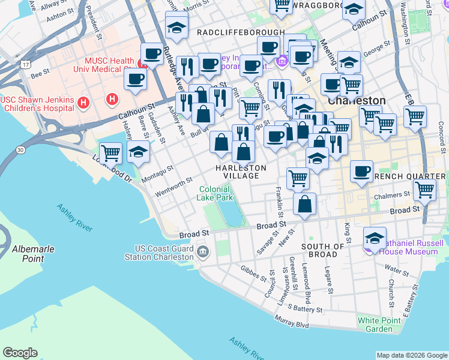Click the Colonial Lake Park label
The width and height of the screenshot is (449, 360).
(x=215, y=193)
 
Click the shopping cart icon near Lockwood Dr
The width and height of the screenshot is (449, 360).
(x=110, y=153)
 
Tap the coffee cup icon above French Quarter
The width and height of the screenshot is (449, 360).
(x=361, y=171)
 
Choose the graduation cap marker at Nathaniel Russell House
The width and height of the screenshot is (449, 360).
(x=375, y=238)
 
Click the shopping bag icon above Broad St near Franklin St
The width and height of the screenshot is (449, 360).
(x=305, y=203)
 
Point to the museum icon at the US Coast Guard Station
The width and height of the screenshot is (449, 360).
(x=202, y=250)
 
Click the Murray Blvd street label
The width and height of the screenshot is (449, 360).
(x=293, y=324)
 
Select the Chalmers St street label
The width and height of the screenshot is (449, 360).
(x=394, y=194)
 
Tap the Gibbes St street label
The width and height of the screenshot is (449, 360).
(x=253, y=274)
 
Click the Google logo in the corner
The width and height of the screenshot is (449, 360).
(x=20, y=353)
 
